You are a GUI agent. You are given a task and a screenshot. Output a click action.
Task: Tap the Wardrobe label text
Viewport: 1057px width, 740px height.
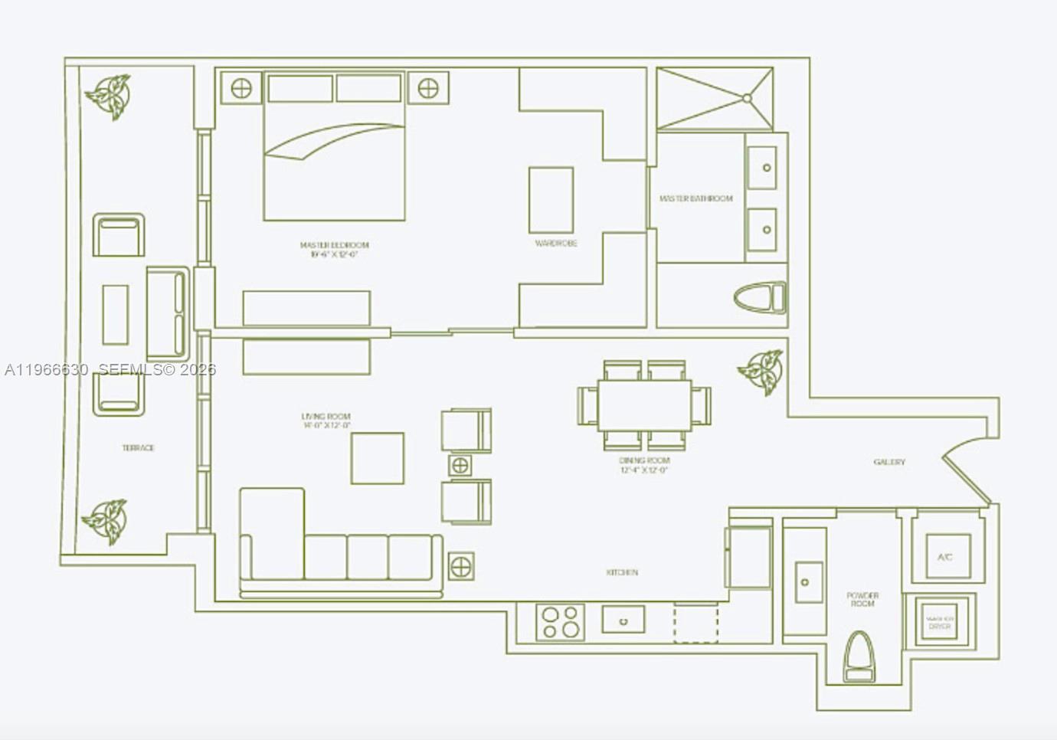point(556,243)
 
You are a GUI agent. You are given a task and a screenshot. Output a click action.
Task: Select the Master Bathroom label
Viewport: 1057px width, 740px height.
point(695,198)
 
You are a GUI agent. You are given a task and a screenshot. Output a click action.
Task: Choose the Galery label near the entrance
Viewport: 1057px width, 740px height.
point(888,462)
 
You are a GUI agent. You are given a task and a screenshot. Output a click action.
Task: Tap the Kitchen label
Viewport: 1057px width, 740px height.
point(622,572)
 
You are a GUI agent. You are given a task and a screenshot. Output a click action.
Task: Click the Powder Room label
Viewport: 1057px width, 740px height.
point(862,599)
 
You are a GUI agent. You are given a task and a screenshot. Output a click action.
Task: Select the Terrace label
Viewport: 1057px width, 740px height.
point(138,447)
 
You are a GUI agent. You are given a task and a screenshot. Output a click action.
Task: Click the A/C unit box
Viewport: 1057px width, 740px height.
point(944,556)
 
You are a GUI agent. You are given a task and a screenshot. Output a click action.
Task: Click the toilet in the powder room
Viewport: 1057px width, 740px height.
point(857,657)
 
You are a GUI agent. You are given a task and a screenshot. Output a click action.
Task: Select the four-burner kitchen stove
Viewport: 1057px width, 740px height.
point(561,621)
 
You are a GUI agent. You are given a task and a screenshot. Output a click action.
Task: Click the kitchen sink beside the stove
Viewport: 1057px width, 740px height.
point(623,620)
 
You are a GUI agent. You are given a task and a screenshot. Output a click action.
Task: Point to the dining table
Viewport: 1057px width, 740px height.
point(644,405)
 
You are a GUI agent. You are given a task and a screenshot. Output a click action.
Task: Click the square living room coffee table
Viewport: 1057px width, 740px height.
point(377,458)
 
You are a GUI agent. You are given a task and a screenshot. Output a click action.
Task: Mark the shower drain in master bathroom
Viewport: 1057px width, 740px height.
point(746,98)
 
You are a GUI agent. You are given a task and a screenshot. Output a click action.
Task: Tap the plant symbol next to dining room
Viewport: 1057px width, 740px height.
point(761,372)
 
